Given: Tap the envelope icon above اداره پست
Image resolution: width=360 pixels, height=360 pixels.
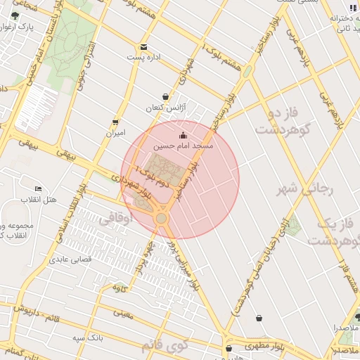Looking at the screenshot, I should (x=144, y=46).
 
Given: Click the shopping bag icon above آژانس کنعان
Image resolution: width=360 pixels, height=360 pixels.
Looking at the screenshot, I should (x=165, y=97).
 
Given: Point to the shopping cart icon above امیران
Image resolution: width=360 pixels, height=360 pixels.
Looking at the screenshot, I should (x=116, y=121).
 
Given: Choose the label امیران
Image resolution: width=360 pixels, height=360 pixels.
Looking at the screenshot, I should (x=115, y=132).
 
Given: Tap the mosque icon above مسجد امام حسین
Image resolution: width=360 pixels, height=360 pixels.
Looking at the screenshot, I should (x=184, y=135).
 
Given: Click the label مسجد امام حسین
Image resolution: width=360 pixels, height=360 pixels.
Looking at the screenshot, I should (x=183, y=146).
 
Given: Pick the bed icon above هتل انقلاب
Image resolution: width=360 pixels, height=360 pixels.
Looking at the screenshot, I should (x=38, y=189).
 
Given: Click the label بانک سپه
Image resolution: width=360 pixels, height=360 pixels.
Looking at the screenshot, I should (x=91, y=337).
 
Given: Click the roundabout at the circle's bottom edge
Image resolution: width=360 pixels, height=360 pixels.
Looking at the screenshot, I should (x=162, y=218).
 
